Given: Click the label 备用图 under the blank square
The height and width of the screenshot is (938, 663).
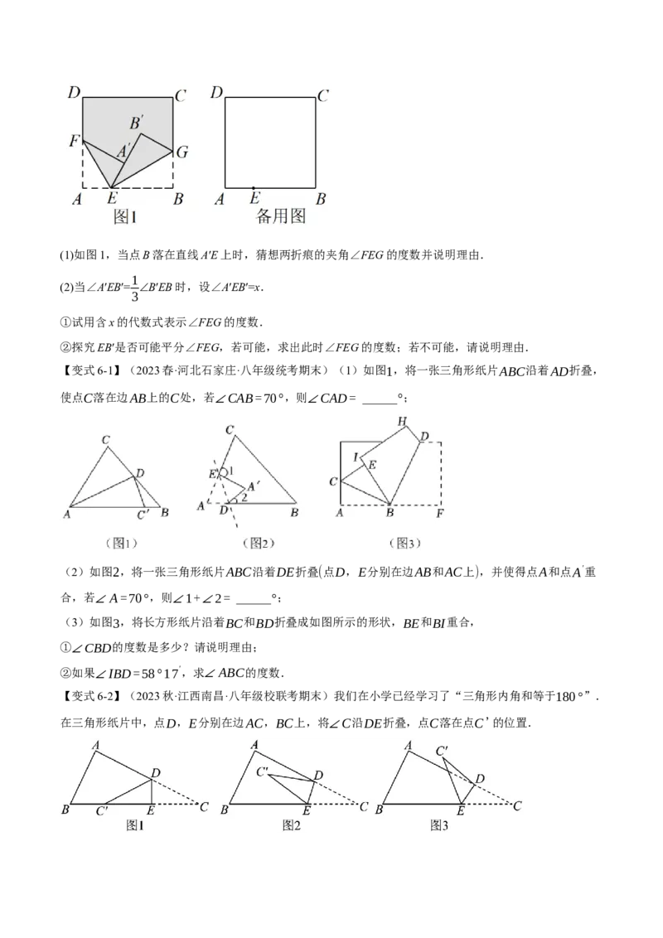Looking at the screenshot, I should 282,217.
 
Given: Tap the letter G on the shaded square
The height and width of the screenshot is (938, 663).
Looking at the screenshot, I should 182,152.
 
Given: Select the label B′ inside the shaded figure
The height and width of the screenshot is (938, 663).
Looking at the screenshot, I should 137,123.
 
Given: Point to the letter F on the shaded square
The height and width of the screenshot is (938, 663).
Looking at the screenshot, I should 75,143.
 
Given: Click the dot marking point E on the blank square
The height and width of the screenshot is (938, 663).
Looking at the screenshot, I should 254,188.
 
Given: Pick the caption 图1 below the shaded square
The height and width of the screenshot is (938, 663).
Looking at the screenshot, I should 124,217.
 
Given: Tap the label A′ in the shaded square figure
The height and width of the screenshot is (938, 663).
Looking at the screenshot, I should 123,152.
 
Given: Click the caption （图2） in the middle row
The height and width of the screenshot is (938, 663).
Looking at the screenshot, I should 258,544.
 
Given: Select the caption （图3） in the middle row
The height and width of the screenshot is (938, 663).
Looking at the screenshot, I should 404,544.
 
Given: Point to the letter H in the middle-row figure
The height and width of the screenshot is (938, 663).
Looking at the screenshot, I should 402,422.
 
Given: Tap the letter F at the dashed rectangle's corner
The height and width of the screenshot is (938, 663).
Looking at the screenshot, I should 439,514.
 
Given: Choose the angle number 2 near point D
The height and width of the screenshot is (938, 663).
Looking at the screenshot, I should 244,498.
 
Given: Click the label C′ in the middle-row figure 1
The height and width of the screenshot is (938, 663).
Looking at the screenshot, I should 143,515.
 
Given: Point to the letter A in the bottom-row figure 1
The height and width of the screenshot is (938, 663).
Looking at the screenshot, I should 97,743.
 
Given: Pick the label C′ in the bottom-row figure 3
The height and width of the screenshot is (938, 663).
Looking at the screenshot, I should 443,751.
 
